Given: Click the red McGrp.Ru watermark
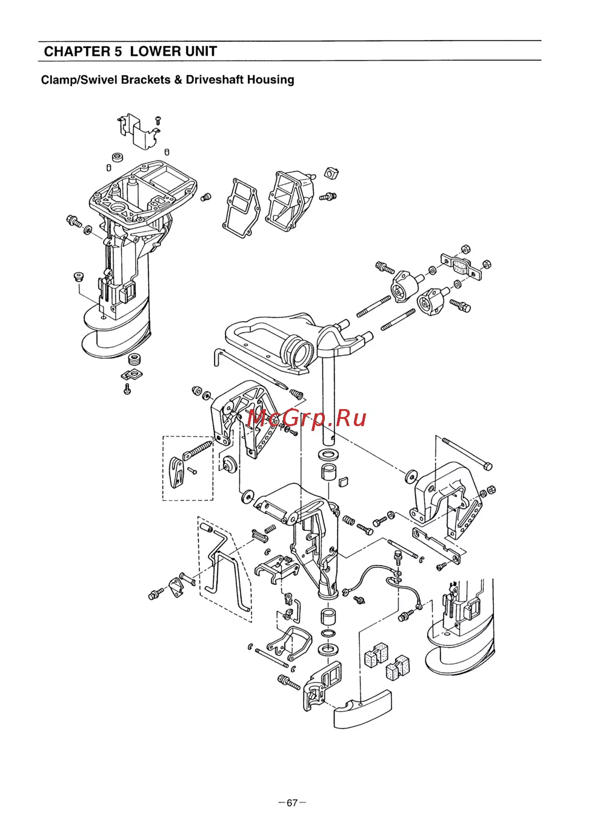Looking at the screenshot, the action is tap(307, 418).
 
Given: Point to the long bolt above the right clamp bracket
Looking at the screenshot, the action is tap(467, 453).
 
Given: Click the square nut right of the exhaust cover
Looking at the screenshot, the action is tap(331, 173).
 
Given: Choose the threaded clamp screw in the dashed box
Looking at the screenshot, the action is tap(198, 449).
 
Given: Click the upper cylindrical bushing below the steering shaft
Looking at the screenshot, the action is tap(328, 472).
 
